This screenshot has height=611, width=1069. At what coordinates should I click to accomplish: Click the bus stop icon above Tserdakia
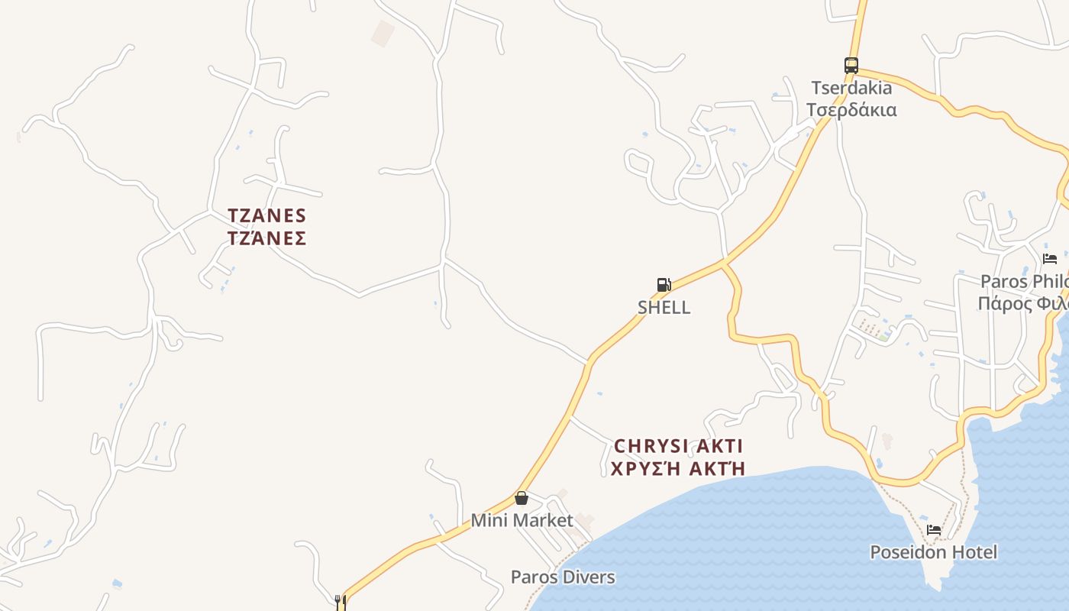(851, 66)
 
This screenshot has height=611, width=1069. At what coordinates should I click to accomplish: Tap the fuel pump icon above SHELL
(664, 285)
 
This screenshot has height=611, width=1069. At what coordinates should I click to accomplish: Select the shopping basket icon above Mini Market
(522, 498)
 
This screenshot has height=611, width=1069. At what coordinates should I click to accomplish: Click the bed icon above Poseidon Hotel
(934, 529)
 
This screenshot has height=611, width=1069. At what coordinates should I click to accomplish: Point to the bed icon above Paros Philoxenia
(1050, 258)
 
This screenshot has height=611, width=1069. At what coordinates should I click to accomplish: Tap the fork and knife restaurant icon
(341, 602)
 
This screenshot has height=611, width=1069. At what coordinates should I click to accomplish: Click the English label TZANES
(266, 215)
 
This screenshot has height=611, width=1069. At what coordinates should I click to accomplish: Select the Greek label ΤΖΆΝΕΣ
(266, 238)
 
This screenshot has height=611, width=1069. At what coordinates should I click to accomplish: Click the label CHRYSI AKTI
(678, 445)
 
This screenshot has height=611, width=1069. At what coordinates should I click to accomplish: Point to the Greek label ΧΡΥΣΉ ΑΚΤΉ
(678, 468)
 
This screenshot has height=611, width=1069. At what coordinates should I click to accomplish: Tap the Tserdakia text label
(851, 88)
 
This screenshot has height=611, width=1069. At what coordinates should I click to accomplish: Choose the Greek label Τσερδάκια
(851, 110)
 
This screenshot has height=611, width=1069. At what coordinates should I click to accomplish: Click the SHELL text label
(664, 307)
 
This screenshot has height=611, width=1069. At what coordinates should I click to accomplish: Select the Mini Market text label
(522, 521)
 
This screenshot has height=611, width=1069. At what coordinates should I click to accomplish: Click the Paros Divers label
(563, 577)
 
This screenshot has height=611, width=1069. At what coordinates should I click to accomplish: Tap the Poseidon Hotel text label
(934, 551)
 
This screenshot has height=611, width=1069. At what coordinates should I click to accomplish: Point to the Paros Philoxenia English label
(1023, 281)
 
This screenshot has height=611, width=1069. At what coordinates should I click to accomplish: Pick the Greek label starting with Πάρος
(1023, 304)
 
